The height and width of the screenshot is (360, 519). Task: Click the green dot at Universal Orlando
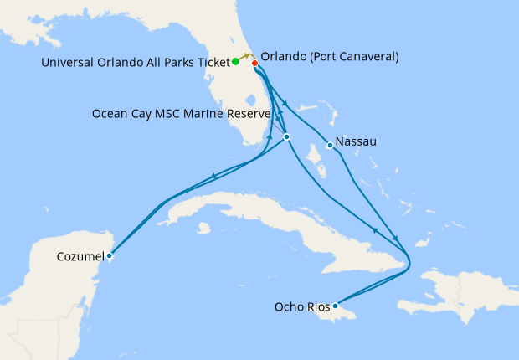[x=235, y=61]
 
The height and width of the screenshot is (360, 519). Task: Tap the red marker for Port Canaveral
[x=254, y=63]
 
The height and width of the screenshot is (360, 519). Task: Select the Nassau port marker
[x=331, y=146]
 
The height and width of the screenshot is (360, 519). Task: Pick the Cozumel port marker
[x=110, y=256]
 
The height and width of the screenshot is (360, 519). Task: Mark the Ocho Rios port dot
[x=335, y=306]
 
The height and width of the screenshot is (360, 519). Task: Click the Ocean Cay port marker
[x=286, y=136]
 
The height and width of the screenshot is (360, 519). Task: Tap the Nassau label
[x=356, y=141]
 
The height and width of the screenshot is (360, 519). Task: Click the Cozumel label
[x=81, y=255]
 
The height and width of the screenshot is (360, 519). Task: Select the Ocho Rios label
[x=301, y=307]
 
